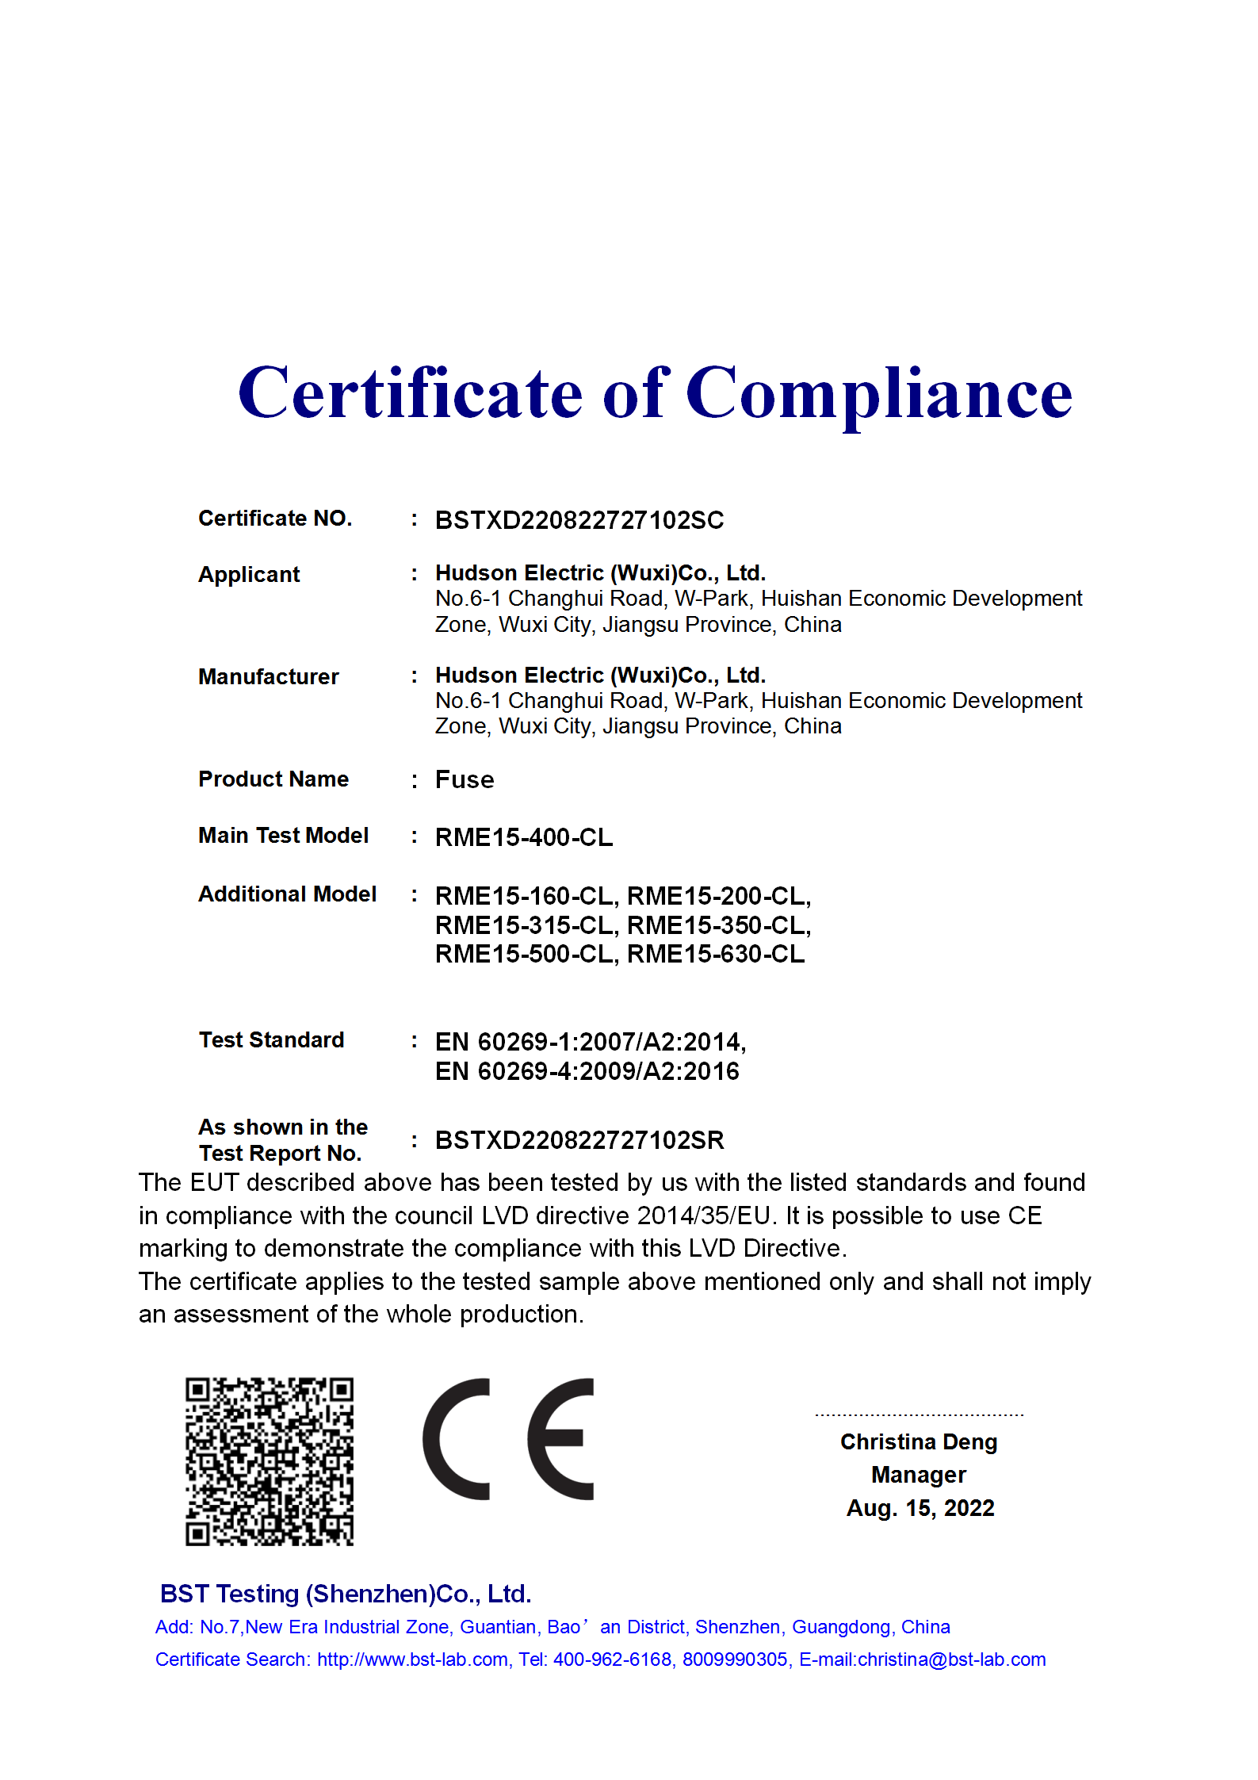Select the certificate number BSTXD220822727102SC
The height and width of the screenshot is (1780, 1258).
[579, 520]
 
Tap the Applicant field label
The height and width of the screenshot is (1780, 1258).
[249, 574]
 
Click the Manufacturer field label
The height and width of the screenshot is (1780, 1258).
[268, 676]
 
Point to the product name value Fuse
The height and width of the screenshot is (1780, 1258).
[465, 780]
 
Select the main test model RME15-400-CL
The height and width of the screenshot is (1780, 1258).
[524, 837]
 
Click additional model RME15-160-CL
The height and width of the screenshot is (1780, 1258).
[525, 896]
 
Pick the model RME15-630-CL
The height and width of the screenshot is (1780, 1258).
[716, 954]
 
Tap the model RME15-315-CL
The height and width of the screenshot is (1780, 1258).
[525, 925]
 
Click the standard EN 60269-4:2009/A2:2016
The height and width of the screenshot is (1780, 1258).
[587, 1071]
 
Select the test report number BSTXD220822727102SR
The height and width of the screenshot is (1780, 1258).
[579, 1140]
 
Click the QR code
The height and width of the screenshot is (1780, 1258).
[270, 1461]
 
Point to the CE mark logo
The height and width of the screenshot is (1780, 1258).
[508, 1439]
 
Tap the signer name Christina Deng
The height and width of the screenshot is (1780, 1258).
[919, 1441]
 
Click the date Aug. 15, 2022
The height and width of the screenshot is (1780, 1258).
[920, 1507]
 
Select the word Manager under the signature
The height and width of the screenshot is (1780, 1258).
[919, 1475]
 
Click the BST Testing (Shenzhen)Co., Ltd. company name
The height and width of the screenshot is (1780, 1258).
[346, 1594]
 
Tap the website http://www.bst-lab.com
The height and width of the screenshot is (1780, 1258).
[412, 1659]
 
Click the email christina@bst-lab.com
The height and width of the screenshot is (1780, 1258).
[951, 1659]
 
